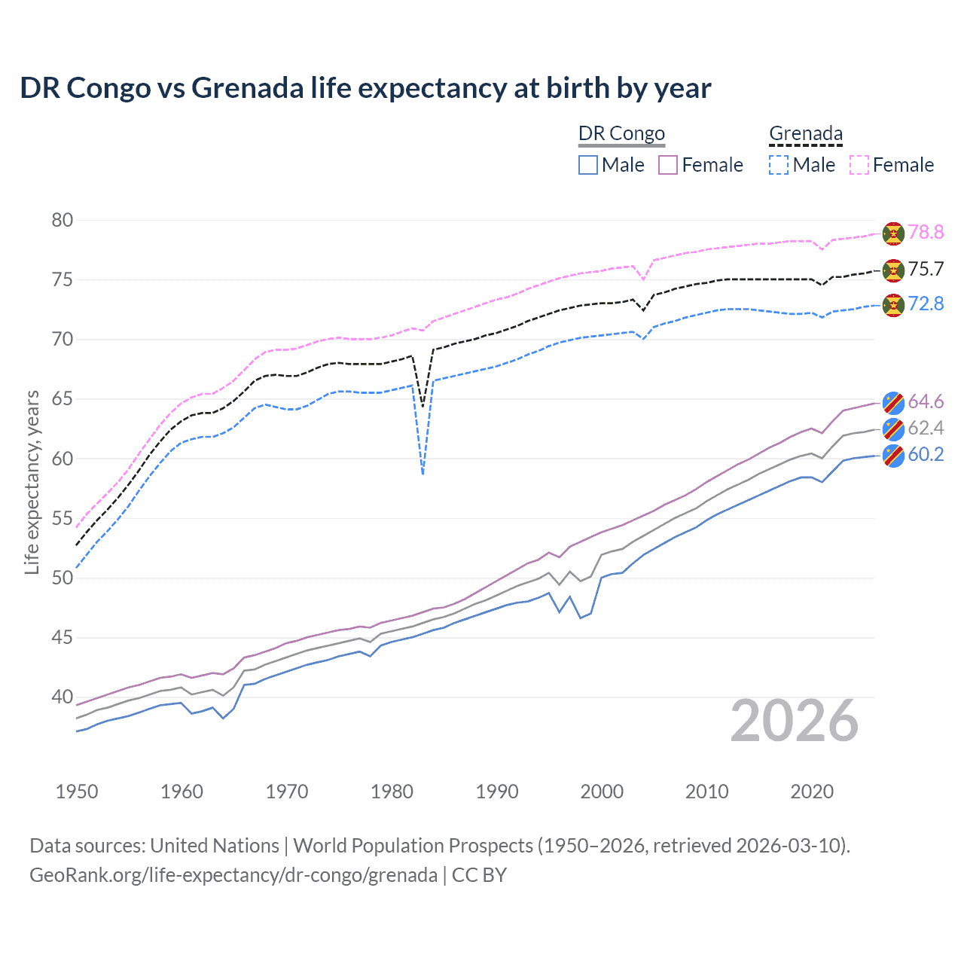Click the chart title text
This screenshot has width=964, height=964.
pos(365,88)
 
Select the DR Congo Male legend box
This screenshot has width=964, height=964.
pos(588,165)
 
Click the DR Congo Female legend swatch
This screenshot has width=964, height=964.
pos(668,165)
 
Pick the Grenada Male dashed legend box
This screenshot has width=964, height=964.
pos(779,165)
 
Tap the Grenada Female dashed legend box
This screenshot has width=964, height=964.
pos(859,165)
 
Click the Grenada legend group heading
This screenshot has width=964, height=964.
pos(805,134)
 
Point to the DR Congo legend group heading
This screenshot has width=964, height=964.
pos(621,134)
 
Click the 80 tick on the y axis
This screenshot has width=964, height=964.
pos(63,220)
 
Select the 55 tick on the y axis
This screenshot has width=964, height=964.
pos(63,518)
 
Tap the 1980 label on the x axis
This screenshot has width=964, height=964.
pos(392,792)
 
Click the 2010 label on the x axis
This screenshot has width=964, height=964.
pos(706,792)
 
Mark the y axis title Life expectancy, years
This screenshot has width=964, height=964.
pos(32,482)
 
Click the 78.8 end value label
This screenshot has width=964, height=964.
pos(926,232)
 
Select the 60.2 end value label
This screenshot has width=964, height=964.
pos(926,454)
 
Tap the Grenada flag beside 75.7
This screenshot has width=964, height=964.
pos(893,270)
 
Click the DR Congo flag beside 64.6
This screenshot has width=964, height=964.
pos(893,402)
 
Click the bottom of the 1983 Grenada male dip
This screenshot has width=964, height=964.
pos(423,474)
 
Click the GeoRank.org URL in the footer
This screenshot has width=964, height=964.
pos(233,875)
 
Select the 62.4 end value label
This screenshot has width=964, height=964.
pos(926,429)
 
